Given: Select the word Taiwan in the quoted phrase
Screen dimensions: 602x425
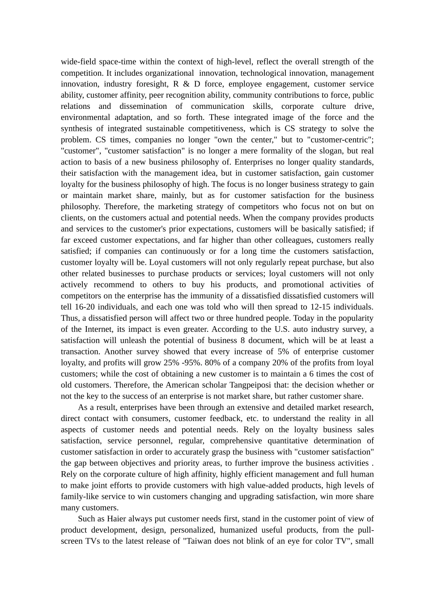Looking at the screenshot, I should pyautogui.click(x=200, y=541).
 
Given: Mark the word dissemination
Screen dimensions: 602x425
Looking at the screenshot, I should pyautogui.click(x=142, y=107).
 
